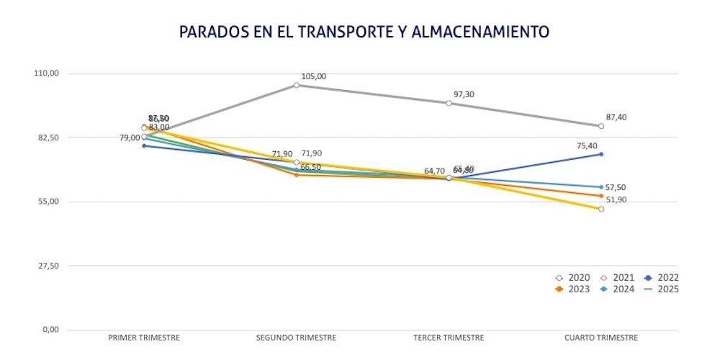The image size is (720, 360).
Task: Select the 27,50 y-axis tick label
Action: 48,266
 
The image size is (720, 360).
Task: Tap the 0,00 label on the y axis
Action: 50,330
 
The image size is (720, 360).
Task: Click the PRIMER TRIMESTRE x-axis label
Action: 144,338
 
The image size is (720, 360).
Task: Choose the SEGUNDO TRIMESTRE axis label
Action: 297,338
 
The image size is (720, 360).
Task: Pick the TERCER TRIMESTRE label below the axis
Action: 449,338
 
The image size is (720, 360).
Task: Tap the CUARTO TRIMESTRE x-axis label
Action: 601,338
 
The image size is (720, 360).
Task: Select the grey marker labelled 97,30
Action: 449,103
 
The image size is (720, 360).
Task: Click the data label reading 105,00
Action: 314,76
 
